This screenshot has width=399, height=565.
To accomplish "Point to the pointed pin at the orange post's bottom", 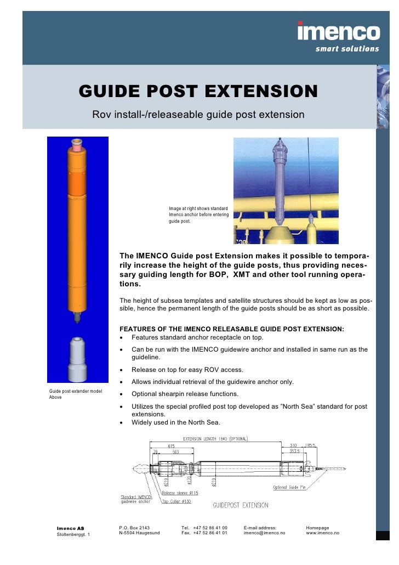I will click(x=77, y=318).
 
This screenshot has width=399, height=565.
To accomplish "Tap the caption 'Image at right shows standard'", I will click(x=198, y=208).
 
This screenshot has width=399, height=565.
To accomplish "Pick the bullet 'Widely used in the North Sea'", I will click(x=175, y=422).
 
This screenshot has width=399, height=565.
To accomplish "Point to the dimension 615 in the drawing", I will click(x=171, y=446).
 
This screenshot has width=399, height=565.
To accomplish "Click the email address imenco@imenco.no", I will click(x=265, y=533).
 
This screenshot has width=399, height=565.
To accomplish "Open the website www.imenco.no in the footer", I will click(x=322, y=533).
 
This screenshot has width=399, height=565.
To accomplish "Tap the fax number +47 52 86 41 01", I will click(x=210, y=533).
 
